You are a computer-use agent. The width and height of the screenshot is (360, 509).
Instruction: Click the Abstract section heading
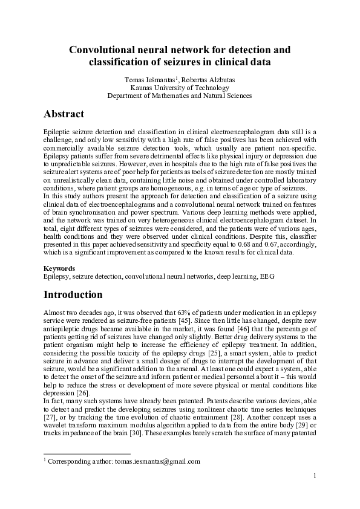point(64,114)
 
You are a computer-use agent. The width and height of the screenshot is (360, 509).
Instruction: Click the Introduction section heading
point(73,295)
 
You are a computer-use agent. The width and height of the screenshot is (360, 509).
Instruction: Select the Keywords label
point(59,268)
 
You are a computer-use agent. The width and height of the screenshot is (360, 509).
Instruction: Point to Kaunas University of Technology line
point(179,87)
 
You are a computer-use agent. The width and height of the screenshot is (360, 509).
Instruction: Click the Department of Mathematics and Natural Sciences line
point(179,96)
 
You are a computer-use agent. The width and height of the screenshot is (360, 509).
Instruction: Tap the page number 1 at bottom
point(315,476)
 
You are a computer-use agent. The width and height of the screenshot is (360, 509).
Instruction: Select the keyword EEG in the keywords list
point(267,276)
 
